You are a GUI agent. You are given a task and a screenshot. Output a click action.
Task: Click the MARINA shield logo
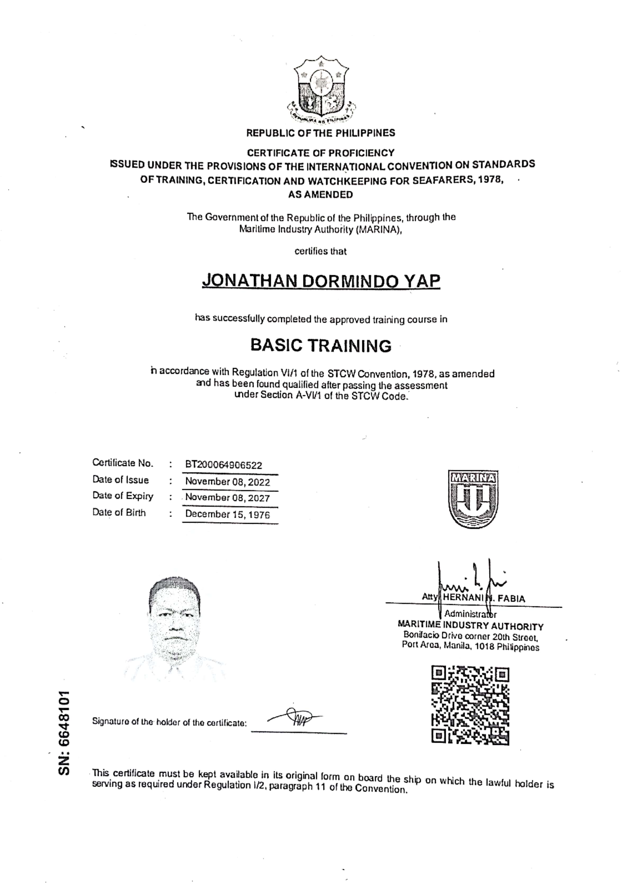473,499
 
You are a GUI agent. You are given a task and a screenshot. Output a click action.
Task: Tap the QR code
470,705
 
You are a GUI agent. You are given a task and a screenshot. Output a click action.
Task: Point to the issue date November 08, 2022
227,482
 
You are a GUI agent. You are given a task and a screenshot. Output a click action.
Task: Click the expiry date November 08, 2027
227,498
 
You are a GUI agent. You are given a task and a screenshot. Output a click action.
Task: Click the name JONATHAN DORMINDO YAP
321,281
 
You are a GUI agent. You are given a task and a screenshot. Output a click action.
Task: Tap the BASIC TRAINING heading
321,345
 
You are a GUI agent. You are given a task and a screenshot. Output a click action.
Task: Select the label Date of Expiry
123,496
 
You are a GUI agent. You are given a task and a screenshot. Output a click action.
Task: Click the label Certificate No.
123,463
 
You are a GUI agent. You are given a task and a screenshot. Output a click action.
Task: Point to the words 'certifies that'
320,251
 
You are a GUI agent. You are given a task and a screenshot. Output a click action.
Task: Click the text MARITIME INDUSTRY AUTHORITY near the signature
471,626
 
